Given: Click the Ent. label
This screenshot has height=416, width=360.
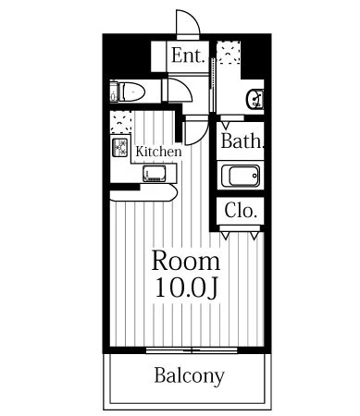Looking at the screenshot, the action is [x=188, y=55].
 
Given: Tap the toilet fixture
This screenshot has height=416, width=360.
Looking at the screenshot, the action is [x=128, y=92].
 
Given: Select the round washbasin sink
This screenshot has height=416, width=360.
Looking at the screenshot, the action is [x=254, y=99].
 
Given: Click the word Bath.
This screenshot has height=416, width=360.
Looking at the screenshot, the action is [x=242, y=141].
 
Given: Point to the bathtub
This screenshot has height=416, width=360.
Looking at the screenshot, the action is [x=241, y=176].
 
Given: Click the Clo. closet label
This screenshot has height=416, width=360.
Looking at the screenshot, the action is [x=241, y=211].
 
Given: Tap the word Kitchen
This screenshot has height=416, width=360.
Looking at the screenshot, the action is [x=158, y=152].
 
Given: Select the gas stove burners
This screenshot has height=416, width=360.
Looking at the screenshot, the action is [x=120, y=147].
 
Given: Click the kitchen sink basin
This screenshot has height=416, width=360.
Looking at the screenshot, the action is [x=155, y=174].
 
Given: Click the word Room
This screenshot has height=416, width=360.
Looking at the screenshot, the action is [x=186, y=261].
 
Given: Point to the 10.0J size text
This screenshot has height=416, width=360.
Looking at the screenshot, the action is [x=187, y=288].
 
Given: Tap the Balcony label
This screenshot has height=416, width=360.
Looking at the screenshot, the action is [x=190, y=375].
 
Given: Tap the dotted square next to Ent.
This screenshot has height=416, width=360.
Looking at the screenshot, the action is [x=229, y=53].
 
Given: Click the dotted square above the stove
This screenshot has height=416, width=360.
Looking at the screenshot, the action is [x=121, y=122].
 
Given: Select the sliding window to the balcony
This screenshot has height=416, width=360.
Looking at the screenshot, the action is [x=192, y=350].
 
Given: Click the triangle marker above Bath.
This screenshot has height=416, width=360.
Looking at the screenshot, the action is [x=226, y=126].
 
